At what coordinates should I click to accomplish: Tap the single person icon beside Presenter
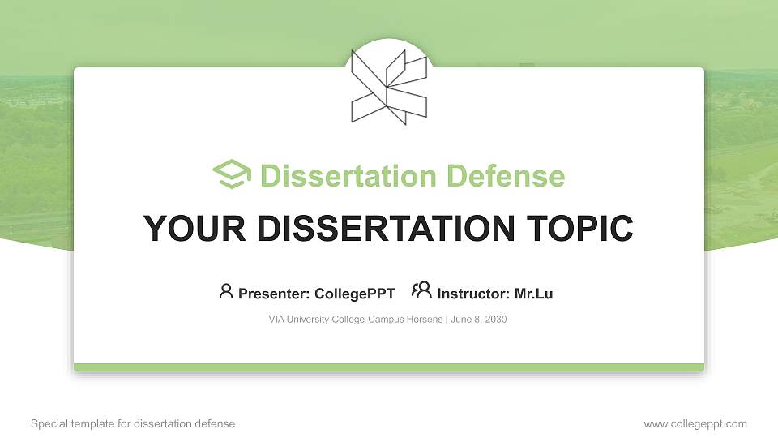[x=226, y=291]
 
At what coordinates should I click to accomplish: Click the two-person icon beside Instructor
[x=421, y=290]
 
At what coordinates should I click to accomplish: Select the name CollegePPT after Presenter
[x=356, y=294]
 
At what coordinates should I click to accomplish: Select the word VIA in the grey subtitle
[x=276, y=320]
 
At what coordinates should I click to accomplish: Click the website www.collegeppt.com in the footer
[x=695, y=423]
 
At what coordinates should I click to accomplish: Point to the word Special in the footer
[x=46, y=423]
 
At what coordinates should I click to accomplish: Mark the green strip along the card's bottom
[x=389, y=367]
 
